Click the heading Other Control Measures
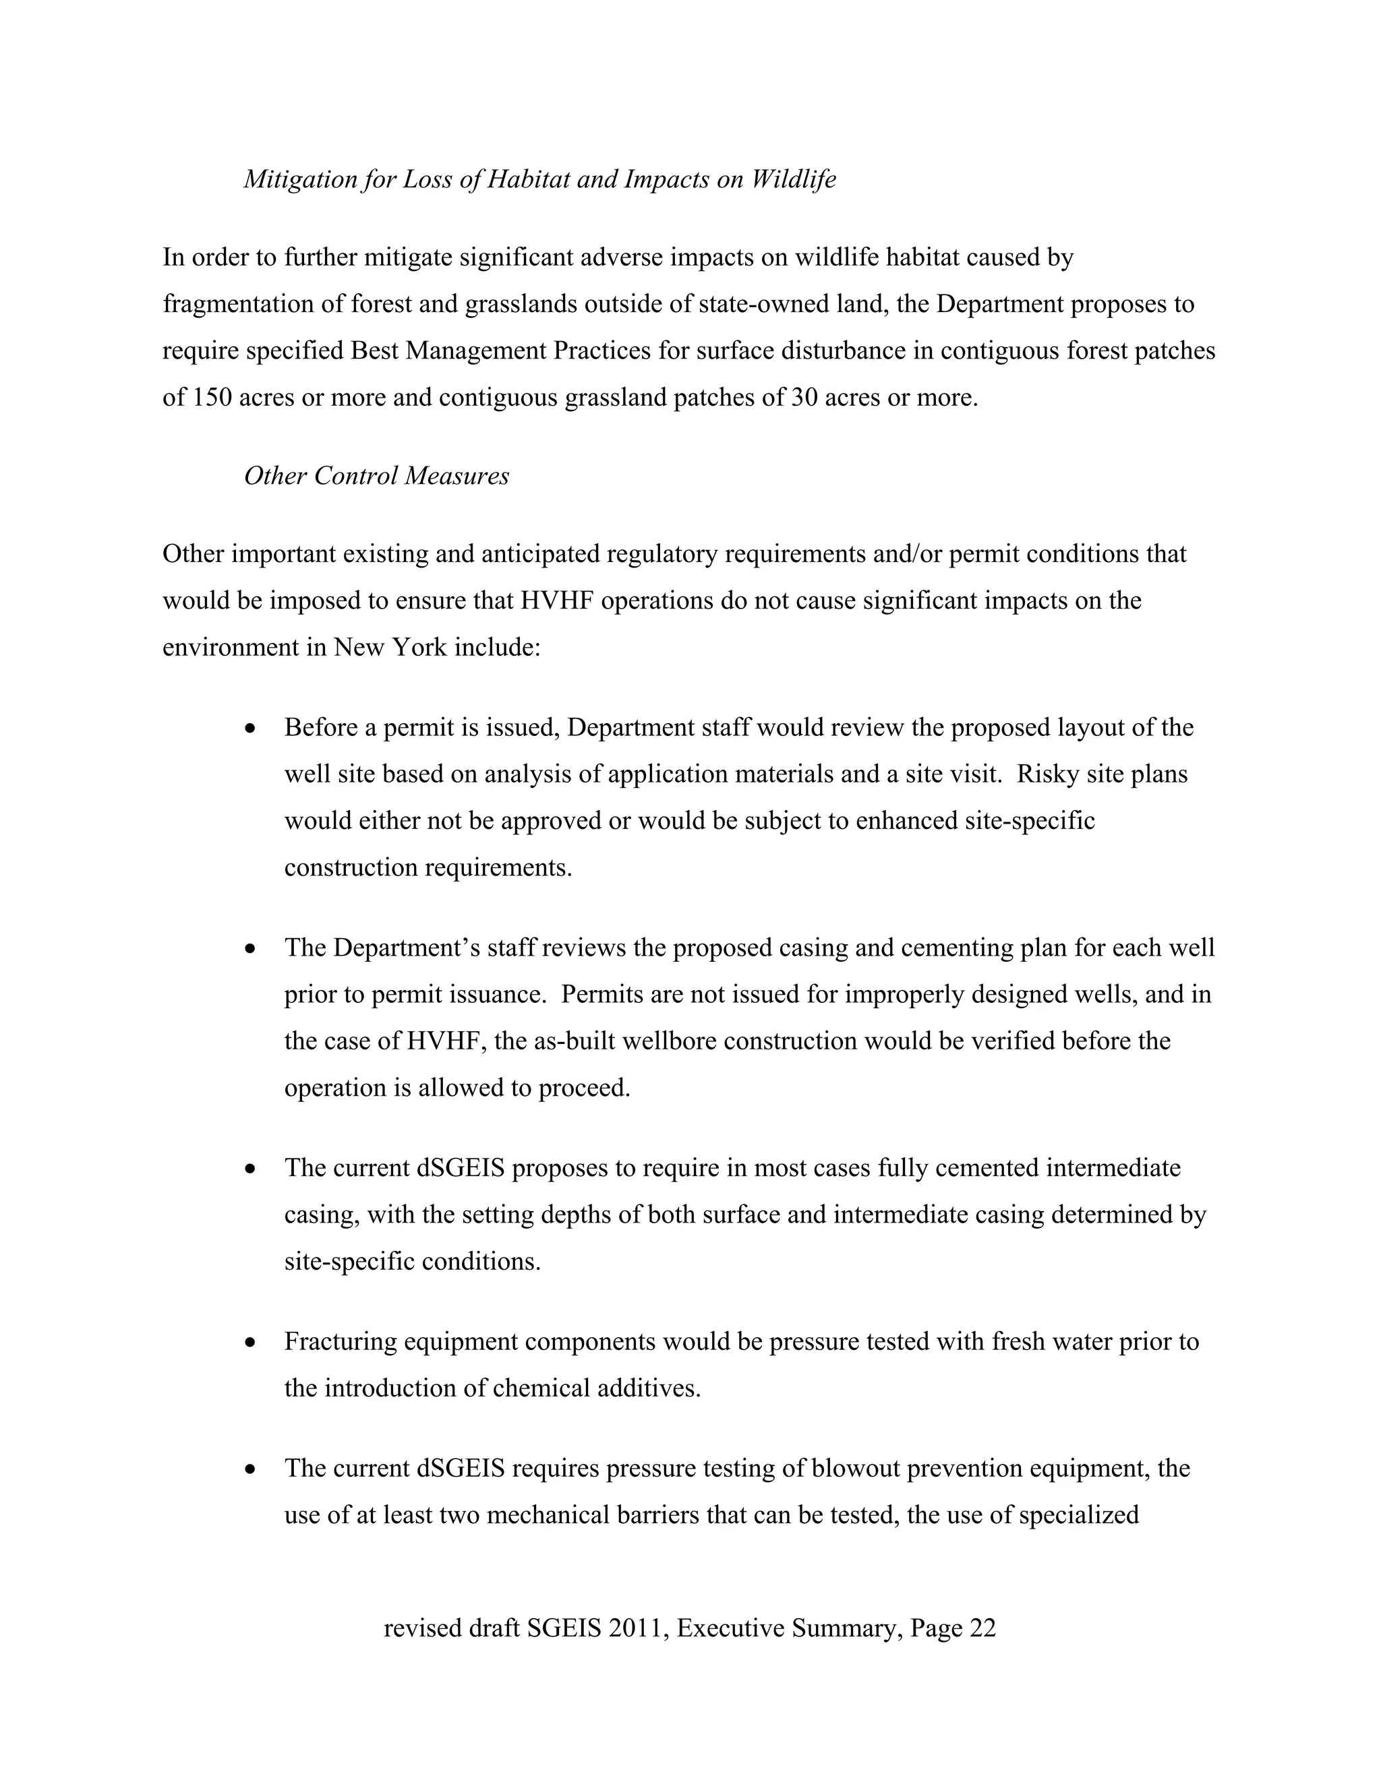point(376,476)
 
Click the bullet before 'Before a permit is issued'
point(251,728)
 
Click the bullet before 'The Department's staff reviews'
point(251,949)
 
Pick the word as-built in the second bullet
point(575,1041)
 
